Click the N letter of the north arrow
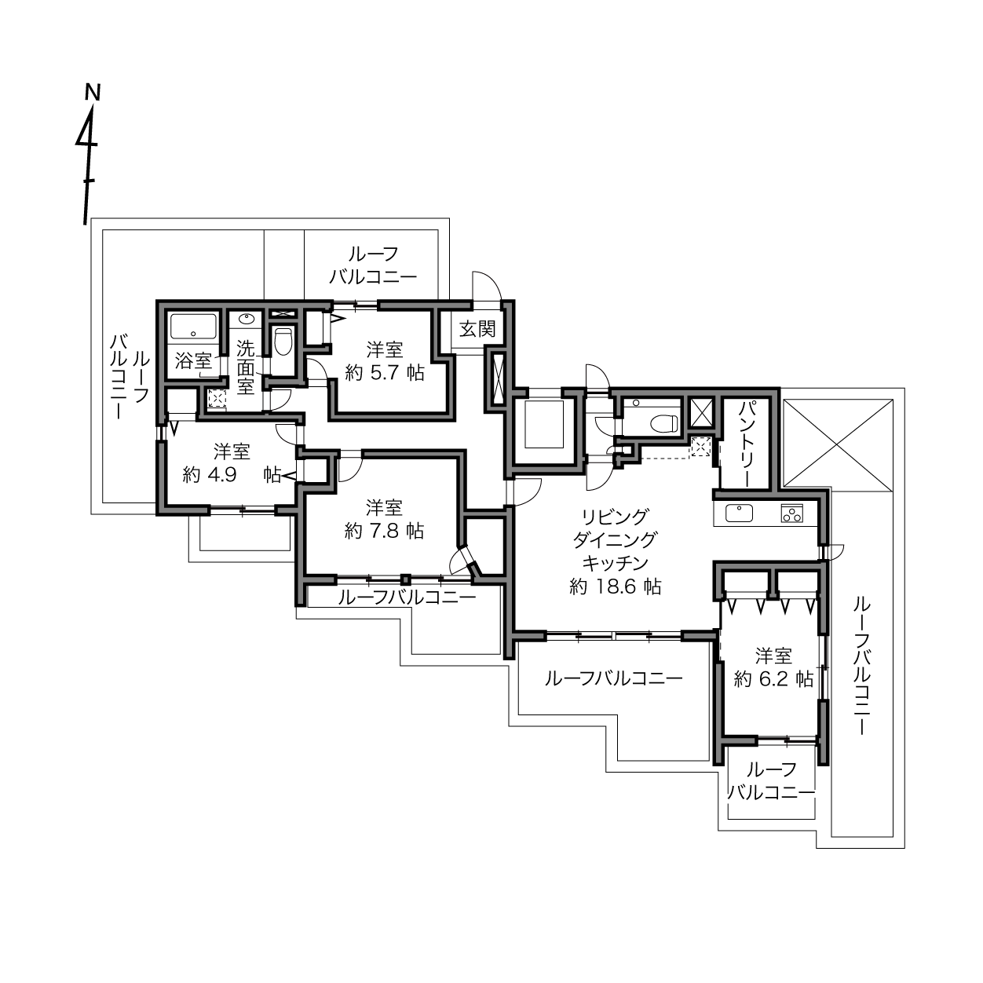tap(93, 93)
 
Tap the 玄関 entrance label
tap(477, 330)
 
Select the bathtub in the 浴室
tap(194, 326)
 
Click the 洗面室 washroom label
tap(246, 367)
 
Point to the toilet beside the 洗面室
tap(283, 341)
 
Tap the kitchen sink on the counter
tap(739, 513)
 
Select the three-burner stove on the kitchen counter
tap(791, 513)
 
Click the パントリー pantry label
tap(747, 444)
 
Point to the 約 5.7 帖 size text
tap(384, 374)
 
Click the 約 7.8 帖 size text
tap(384, 532)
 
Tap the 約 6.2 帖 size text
tap(773, 679)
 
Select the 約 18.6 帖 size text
tap(616, 587)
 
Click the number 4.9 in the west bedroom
tap(222, 476)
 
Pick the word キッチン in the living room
tap(616, 563)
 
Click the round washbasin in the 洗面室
tap(247, 320)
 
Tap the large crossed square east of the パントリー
tap(838, 443)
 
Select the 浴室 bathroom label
tap(193, 361)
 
